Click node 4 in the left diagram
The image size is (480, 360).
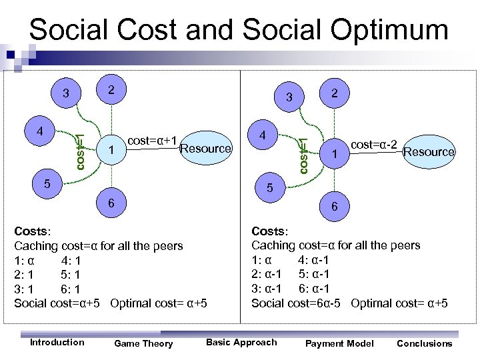[41, 130]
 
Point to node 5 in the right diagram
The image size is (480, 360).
[270, 189]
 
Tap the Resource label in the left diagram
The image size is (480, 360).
[205, 148]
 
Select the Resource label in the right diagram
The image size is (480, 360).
[429, 152]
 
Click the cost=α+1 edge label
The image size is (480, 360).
[151, 140]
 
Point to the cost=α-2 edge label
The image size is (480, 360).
[375, 144]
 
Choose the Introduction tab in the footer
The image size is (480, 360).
[57, 342]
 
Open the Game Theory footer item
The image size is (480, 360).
[143, 343]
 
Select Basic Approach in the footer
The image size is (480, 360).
[241, 342]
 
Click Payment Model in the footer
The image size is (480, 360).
[339, 343]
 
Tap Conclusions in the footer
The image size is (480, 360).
[424, 343]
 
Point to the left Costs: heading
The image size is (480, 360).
[32, 231]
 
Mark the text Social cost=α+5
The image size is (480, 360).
[57, 303]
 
